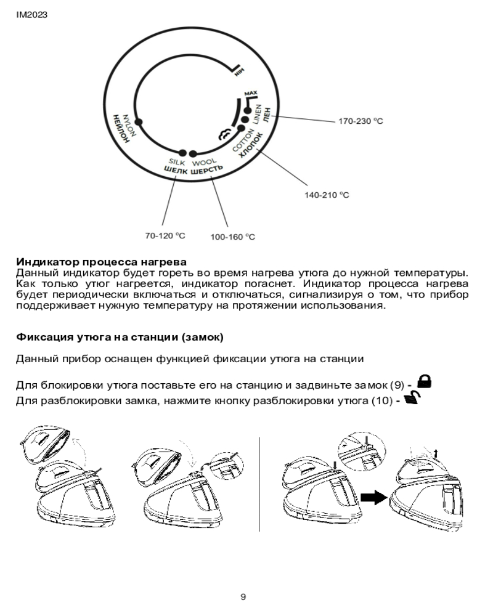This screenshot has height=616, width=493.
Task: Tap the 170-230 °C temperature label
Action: coord(360,121)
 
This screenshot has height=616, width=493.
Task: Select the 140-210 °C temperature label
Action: coord(327,195)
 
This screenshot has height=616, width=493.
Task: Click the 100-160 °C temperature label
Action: coord(232,237)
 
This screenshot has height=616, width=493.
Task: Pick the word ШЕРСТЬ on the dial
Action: coord(206,172)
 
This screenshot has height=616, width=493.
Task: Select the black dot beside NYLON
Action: coord(139,122)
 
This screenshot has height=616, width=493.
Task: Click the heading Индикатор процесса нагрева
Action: coord(101,262)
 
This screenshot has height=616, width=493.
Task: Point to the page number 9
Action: coord(243,596)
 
